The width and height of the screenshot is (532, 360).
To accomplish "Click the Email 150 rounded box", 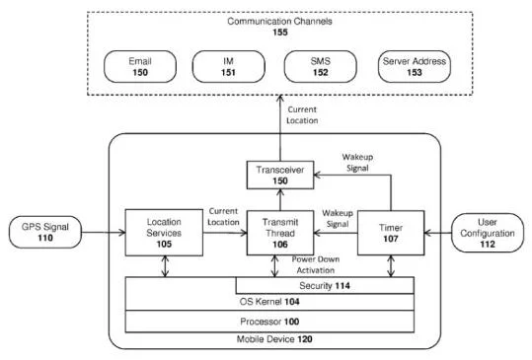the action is click(x=140, y=67).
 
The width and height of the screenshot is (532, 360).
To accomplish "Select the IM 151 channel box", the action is click(x=228, y=67).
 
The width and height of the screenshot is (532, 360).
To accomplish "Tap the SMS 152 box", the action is click(x=320, y=67).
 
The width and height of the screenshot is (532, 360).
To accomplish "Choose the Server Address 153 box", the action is click(x=415, y=67).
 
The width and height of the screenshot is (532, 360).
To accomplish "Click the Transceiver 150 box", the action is click(x=280, y=175).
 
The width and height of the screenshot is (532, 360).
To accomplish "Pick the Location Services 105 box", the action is click(x=164, y=233).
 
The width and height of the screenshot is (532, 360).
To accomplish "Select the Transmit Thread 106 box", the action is click(x=280, y=233).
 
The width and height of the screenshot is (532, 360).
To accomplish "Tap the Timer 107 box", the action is click(x=391, y=233).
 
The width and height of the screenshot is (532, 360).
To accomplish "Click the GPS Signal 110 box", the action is click(x=45, y=232).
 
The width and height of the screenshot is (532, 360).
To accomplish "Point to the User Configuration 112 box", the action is click(x=488, y=233).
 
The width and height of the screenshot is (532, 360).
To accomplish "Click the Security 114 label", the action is click(x=325, y=286).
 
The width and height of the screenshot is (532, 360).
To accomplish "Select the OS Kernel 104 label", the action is click(x=269, y=302).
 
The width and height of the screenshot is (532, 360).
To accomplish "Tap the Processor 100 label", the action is click(x=269, y=322).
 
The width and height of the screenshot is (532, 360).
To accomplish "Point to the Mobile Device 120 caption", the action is click(x=274, y=339).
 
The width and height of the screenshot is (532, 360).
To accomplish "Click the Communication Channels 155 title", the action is click(x=280, y=27).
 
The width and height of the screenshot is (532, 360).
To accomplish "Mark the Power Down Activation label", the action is click(x=316, y=264).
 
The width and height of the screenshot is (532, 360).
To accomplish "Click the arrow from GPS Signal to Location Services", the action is click(x=104, y=233).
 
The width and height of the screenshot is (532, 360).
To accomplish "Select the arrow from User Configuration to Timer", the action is click(x=438, y=233).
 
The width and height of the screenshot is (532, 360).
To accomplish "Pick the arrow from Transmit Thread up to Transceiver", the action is click(x=280, y=200).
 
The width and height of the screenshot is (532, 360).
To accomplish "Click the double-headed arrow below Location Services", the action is click(x=165, y=266).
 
